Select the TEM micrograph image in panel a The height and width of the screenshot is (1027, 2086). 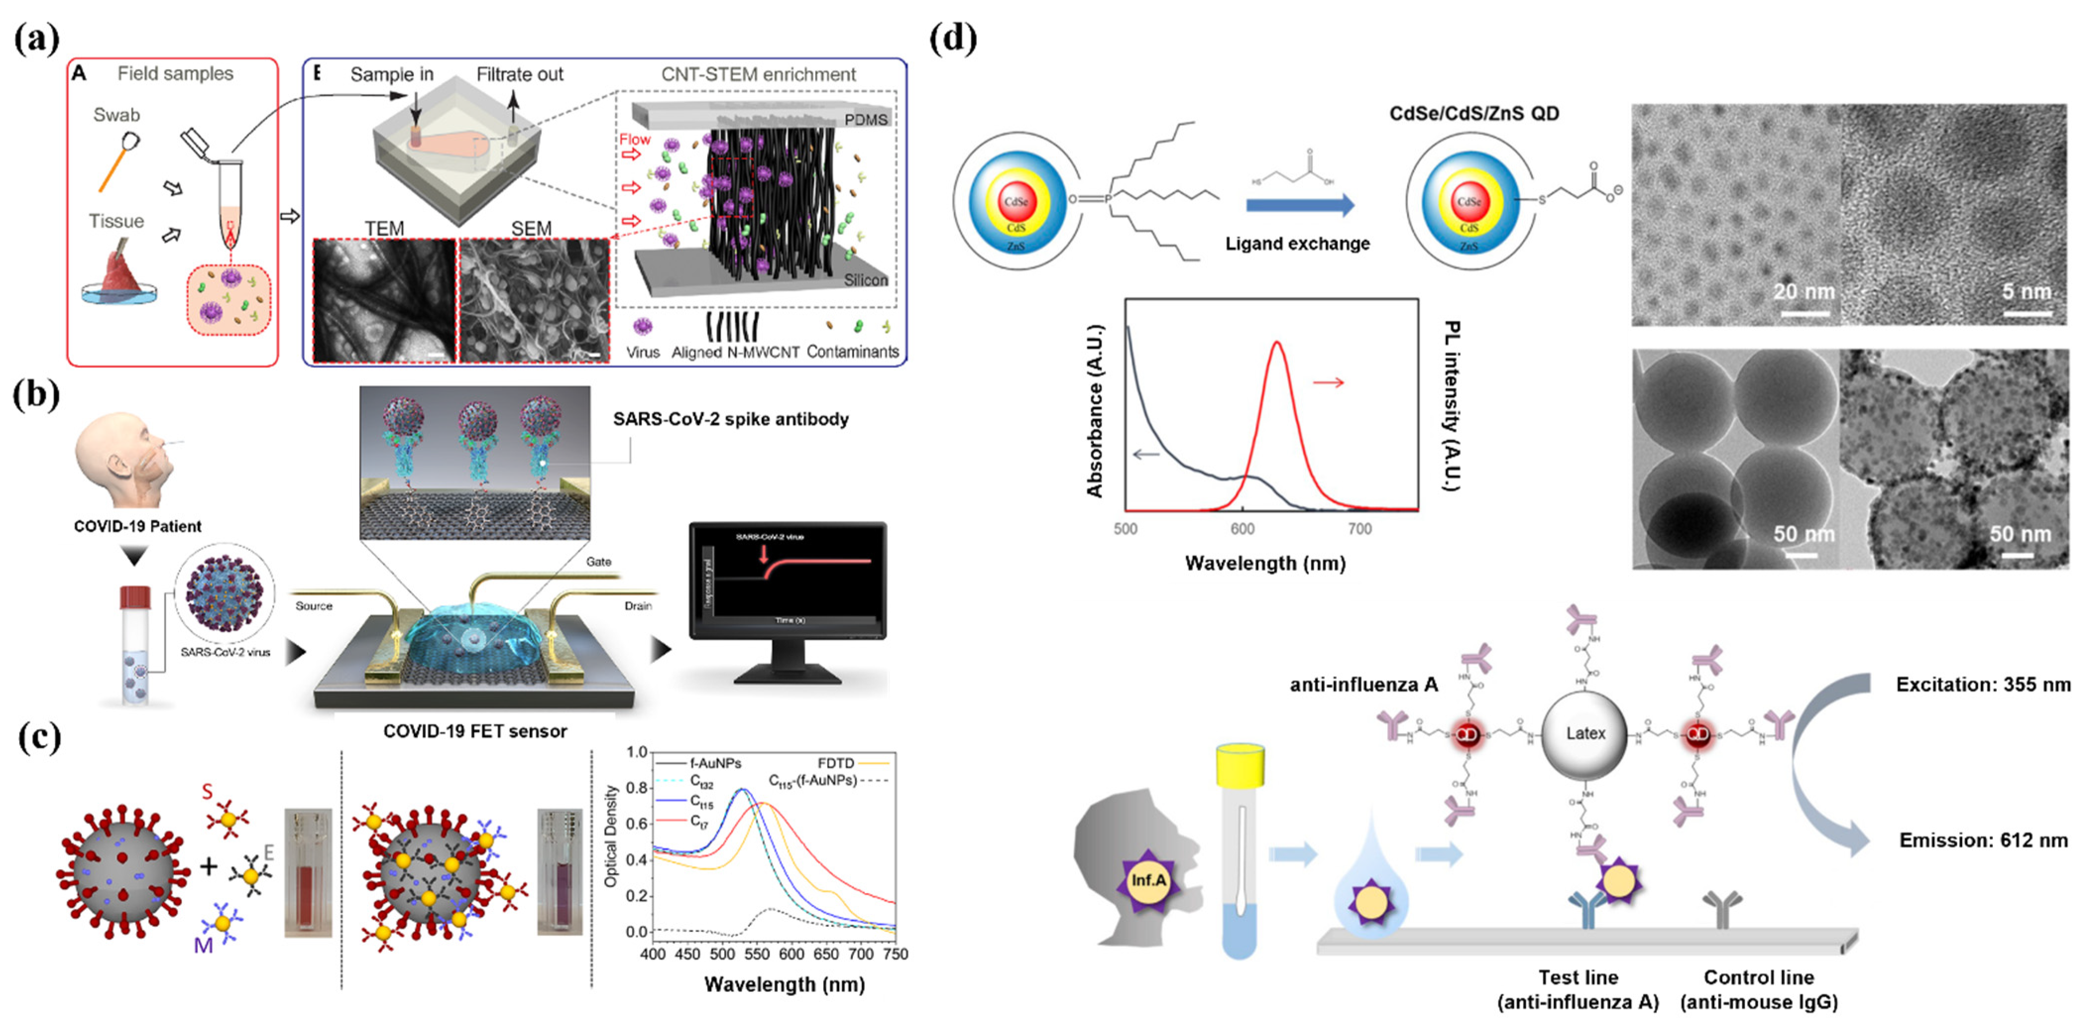pyautogui.click(x=385, y=300)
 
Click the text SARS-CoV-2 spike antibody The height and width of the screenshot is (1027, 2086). pyautogui.click(x=731, y=419)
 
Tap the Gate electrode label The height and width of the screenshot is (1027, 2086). pyautogui.click(x=598, y=561)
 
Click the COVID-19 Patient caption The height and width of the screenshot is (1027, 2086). pyautogui.click(x=138, y=526)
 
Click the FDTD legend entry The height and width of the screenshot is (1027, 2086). pyautogui.click(x=836, y=763)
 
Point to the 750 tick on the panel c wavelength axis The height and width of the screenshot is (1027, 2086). pyautogui.click(x=895, y=954)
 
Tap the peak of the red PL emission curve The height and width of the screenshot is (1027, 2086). pyautogui.click(x=1277, y=342)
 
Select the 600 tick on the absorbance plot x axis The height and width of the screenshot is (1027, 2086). pyautogui.click(x=1242, y=529)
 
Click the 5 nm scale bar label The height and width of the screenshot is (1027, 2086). pyautogui.click(x=2026, y=291)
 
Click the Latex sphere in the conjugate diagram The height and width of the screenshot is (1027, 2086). pyautogui.click(x=1584, y=734)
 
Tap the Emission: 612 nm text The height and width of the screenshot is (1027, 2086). pyautogui.click(x=1983, y=840)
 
